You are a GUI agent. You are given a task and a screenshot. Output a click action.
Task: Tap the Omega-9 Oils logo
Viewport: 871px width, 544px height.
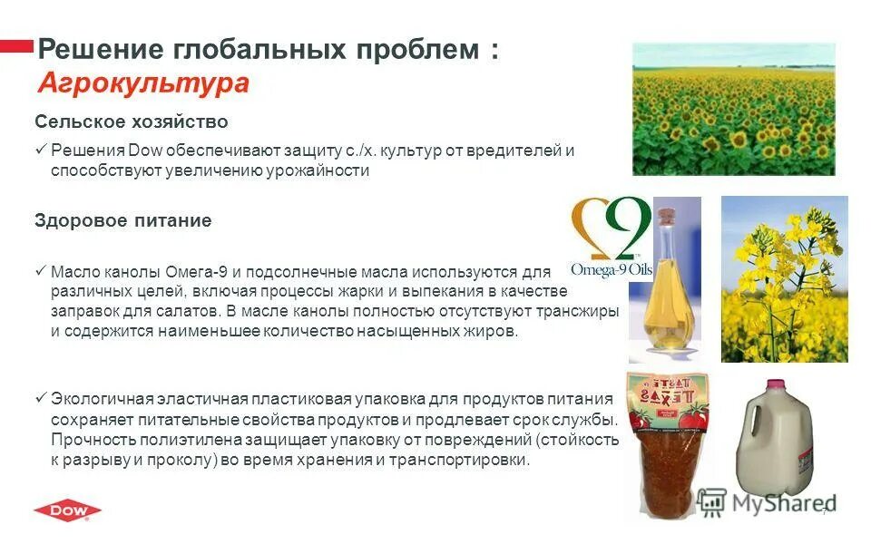tap(610, 238)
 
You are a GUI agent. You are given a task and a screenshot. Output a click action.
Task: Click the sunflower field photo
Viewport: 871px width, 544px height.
tap(733, 109)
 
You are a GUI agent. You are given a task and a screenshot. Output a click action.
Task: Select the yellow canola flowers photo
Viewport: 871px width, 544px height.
tap(784, 279)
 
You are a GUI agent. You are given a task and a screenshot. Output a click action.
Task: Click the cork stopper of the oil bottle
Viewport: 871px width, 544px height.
tap(667, 217)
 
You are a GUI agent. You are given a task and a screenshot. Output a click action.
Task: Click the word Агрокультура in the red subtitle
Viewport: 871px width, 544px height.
tap(143, 83)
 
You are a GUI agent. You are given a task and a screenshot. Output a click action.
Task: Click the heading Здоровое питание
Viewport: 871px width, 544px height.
tap(123, 220)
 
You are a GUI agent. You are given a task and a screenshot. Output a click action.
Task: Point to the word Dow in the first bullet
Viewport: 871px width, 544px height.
tap(143, 151)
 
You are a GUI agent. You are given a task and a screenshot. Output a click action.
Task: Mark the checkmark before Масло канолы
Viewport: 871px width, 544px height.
tap(40, 271)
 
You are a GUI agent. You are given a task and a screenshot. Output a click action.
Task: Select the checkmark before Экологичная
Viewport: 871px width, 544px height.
tap(40, 399)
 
